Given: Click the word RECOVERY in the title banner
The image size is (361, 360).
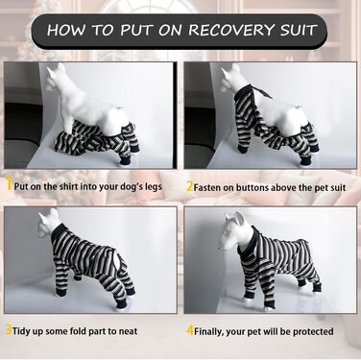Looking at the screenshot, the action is pyautogui.click(x=230, y=30).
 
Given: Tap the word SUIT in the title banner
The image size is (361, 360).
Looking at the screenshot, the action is pyautogui.click(x=298, y=30).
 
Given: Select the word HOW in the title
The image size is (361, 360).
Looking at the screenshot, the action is pyautogui.click(x=66, y=30).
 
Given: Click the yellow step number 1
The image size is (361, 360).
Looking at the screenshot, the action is pyautogui.click(x=10, y=185).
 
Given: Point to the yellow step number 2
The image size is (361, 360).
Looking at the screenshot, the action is pyautogui.click(x=190, y=186).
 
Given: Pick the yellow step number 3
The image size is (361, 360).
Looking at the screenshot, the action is pyautogui.click(x=9, y=330).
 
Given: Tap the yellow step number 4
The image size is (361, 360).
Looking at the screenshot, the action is pyautogui.click(x=190, y=330).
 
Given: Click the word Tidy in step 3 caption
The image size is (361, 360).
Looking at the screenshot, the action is pyautogui.click(x=22, y=331).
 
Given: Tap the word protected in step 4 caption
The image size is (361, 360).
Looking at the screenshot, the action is pyautogui.click(x=313, y=331).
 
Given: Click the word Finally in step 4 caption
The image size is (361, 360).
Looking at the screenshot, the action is pyautogui.click(x=209, y=331).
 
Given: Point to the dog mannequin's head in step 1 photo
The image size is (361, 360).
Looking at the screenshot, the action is pyautogui.click(x=57, y=80).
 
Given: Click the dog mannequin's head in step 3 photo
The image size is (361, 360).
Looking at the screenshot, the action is pyautogui.click(x=50, y=224).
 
